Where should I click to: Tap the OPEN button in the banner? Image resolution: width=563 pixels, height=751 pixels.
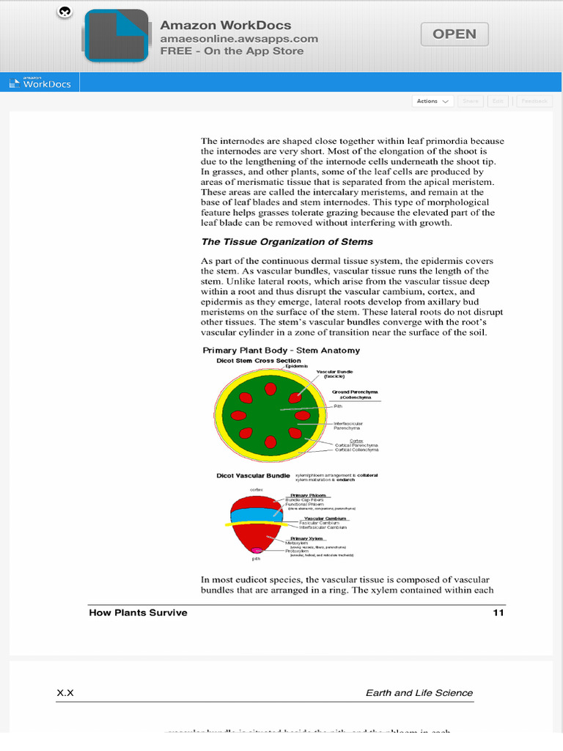[455, 34]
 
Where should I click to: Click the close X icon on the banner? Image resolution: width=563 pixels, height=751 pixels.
[65, 12]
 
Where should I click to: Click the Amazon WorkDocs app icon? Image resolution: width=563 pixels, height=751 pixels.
[116, 35]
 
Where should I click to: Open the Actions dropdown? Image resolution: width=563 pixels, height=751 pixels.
[433, 101]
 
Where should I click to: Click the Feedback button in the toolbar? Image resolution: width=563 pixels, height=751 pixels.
[534, 101]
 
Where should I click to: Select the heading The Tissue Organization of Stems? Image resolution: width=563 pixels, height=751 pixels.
[287, 241]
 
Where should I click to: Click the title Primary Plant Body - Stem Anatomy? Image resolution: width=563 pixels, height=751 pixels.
[281, 351]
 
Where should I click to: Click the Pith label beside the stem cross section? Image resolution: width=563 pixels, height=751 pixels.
[338, 406]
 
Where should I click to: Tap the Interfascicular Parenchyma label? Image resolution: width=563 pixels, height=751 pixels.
[349, 425]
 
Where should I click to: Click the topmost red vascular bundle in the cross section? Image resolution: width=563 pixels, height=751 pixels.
[270, 388]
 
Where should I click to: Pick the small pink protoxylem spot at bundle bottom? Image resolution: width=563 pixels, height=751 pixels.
[257, 549]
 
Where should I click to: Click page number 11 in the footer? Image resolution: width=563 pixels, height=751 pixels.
[498, 612]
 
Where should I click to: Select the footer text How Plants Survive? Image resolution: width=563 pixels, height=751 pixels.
[138, 612]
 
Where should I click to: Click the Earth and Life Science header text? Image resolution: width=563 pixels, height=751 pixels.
[419, 692]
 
